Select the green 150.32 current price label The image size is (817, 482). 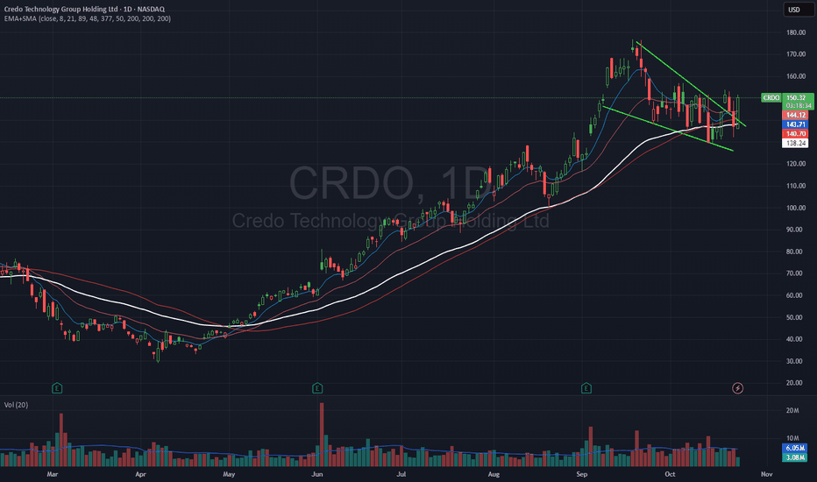click(x=794, y=98)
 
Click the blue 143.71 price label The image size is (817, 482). click(x=794, y=124)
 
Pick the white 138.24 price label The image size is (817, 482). click(x=794, y=144)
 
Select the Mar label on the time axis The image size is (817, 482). click(x=52, y=473)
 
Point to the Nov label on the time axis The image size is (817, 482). click(x=765, y=473)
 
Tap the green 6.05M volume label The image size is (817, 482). click(x=794, y=448)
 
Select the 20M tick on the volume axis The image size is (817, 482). click(x=793, y=410)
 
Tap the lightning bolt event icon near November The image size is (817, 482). click(x=738, y=386)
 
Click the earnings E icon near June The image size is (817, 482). click(x=316, y=386)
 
